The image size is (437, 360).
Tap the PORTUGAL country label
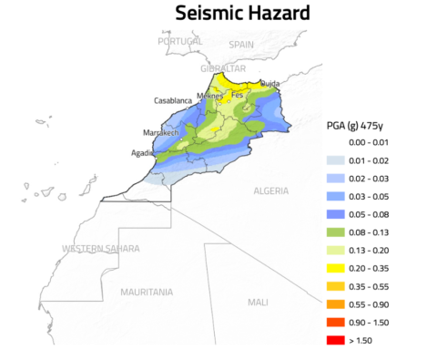click(180, 42)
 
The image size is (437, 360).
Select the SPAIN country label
click(241, 44)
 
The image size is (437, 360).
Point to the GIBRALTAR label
click(223, 68)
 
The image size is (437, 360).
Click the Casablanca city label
click(174, 100)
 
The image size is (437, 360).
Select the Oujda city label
click(270, 84)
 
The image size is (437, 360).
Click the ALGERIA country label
click(270, 191)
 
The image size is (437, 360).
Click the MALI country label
click(259, 302)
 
